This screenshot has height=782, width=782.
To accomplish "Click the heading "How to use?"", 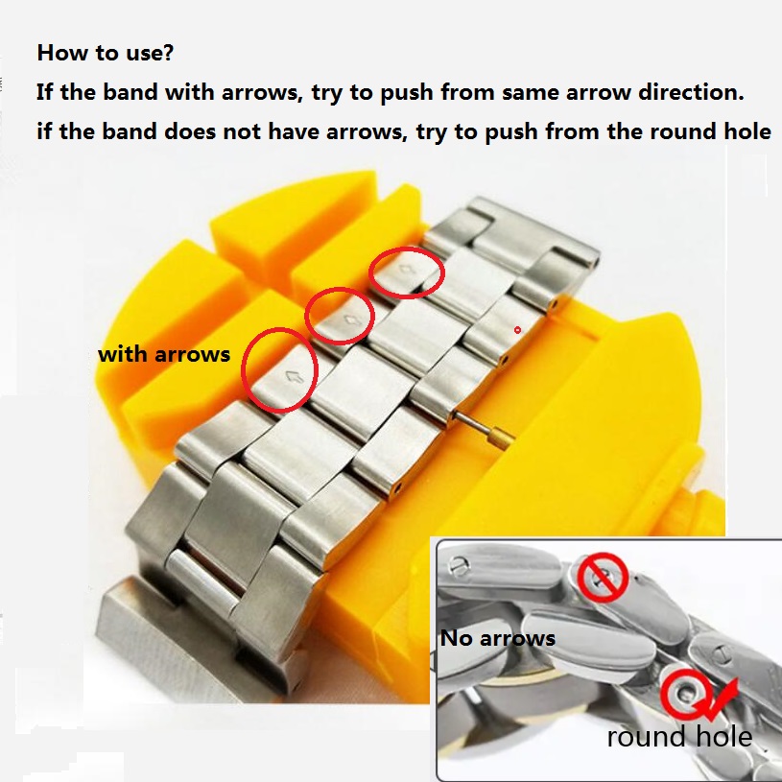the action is coord(106,53).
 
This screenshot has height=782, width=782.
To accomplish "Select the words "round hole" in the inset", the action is coord(679,736).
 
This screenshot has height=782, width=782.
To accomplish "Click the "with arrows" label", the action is coord(164,354).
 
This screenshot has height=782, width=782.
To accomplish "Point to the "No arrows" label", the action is coord(498,638).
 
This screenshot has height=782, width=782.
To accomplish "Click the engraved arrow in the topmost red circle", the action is coord(405,270).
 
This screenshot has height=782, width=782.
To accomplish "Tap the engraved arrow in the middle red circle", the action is coord(352,320).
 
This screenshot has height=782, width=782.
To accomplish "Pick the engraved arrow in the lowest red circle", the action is coord(295,377).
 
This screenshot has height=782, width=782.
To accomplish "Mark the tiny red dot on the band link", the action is coord(518,330).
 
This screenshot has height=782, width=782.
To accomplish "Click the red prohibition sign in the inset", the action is coord(602,577).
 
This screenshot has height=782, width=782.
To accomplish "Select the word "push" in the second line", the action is coord(407,92).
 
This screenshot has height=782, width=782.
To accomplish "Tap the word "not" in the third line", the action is coord(242,131).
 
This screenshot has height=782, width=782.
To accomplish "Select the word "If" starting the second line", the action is coord(44,92).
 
